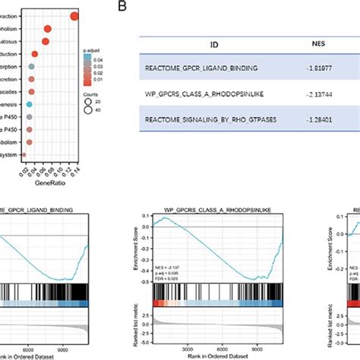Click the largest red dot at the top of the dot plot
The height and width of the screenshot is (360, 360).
click(x=74, y=17)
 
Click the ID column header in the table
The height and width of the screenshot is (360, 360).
click(x=192, y=45)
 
